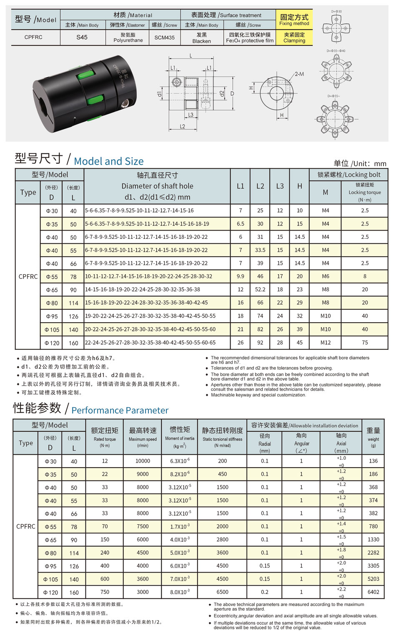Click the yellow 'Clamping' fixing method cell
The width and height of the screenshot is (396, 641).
tap(294, 38)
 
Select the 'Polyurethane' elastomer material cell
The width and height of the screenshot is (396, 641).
tap(128, 38)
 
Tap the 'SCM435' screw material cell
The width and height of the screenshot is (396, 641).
tap(165, 38)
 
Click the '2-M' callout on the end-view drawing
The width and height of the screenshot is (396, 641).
tap(299, 74)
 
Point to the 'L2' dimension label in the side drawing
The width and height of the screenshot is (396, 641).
tap(183, 126)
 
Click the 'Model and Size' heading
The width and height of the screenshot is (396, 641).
tap(108, 161)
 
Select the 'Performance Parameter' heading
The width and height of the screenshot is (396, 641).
tap(120, 410)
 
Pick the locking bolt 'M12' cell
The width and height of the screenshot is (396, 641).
tap(325, 343)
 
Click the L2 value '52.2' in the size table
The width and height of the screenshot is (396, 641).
tap(260, 289)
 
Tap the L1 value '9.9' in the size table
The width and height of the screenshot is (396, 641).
tap(241, 276)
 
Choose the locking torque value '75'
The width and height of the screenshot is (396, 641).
tap(365, 343)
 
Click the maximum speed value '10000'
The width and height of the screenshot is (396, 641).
tap(143, 461)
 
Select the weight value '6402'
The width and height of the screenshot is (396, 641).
tap(373, 592)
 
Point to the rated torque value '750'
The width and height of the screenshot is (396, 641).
tap(105, 592)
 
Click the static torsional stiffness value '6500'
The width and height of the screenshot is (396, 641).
tap(222, 592)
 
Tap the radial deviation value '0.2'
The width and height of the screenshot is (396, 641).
tap(265, 592)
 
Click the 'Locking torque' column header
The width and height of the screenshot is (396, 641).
tap(365, 192)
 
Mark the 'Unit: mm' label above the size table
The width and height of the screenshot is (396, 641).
tap(360, 163)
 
